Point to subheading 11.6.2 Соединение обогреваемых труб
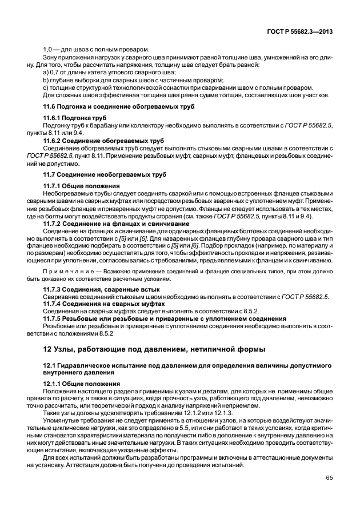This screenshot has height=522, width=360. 103,140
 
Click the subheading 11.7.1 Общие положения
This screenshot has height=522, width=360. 81,186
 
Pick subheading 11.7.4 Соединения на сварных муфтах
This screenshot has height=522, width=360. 104,305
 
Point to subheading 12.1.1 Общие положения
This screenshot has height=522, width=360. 81,384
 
